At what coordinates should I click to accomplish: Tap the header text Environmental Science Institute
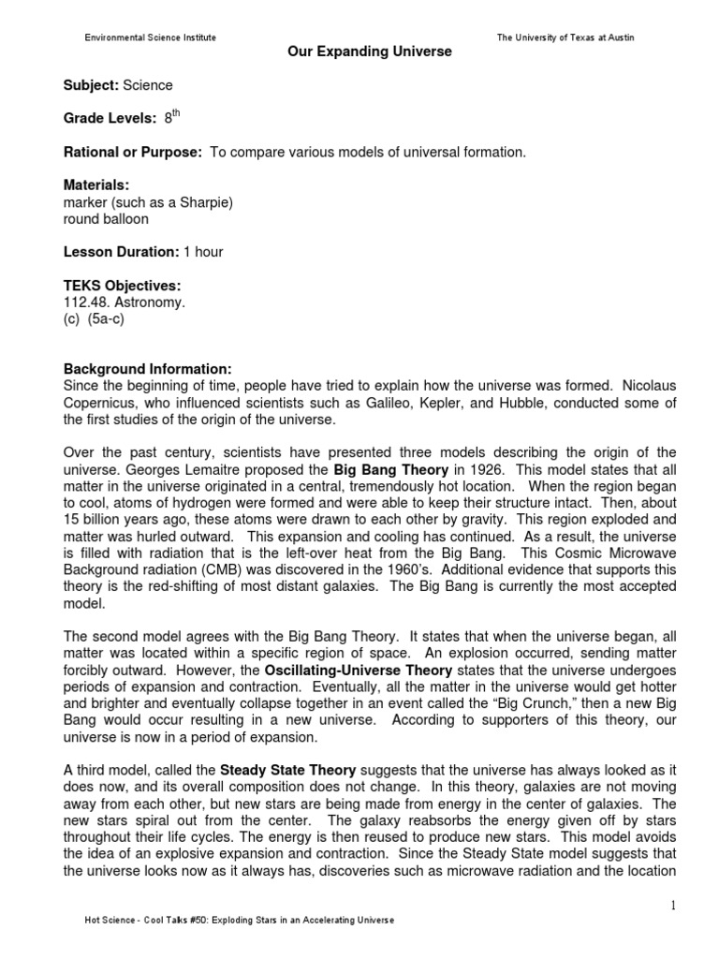(x=151, y=37)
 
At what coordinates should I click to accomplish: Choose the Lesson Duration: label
(x=121, y=252)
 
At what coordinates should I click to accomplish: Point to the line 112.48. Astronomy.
(x=112, y=302)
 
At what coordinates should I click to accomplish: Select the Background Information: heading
(x=146, y=368)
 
